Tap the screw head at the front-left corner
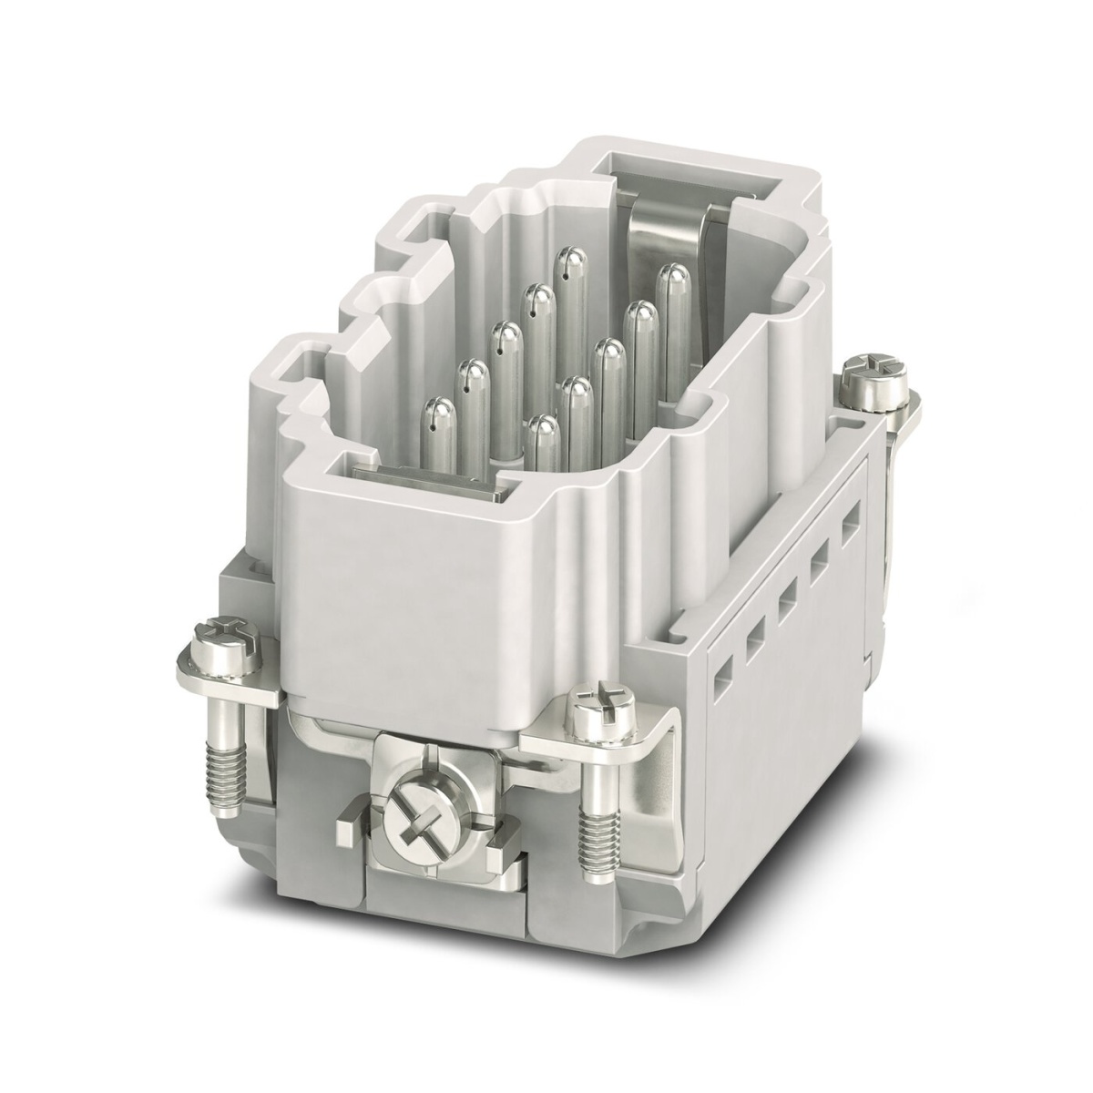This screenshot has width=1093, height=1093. tap(222, 631)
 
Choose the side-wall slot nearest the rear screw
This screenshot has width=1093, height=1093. tap(851, 526)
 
